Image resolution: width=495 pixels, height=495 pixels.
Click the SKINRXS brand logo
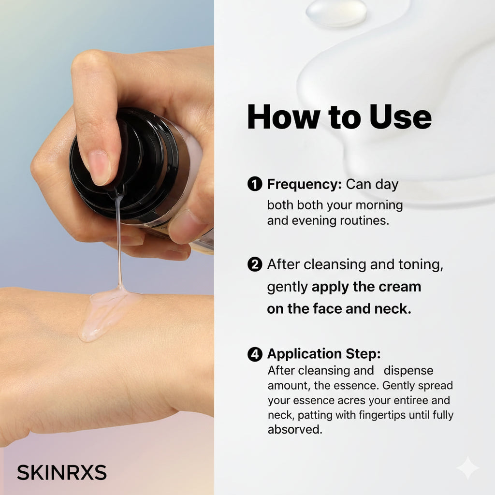coord(62,472)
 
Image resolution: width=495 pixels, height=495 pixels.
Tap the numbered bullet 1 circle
coord(255,184)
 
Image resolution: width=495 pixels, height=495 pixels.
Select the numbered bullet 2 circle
coord(255,264)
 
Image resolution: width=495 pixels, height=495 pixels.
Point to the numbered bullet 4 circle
coord(255,354)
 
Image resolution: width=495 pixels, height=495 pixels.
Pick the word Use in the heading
coord(400,117)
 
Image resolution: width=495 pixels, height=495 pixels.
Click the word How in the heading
coord(283,117)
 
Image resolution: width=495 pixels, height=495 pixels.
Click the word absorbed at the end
coord(295,430)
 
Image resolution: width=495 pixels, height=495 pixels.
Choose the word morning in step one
coord(379,205)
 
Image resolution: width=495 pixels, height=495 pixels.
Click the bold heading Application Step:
coord(324,354)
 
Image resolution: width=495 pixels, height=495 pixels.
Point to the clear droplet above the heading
coord(336,13)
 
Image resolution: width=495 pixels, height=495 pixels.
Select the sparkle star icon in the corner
coord(468,468)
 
